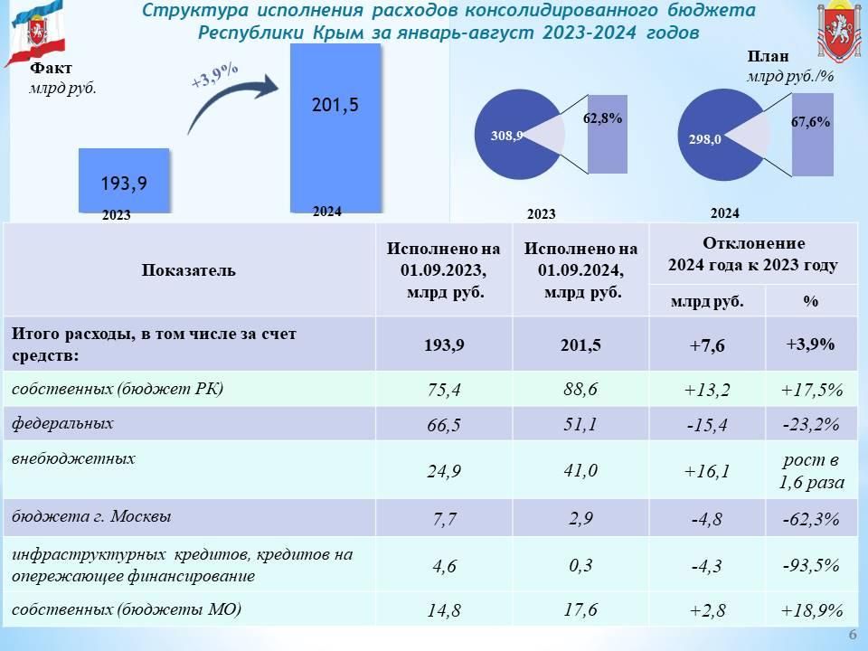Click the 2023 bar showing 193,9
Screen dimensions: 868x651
click(124, 181)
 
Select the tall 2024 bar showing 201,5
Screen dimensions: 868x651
click(336, 127)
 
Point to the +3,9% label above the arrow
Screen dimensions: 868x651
click(215, 75)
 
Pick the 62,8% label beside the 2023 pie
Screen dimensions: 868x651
click(602, 118)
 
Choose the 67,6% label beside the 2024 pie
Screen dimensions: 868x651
click(810, 122)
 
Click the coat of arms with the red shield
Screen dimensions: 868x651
click(839, 31)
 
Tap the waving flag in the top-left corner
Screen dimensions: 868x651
click(36, 33)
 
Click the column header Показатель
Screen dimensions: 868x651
click(189, 270)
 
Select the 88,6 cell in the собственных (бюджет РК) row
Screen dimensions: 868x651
click(580, 389)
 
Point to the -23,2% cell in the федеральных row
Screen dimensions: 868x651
click(811, 425)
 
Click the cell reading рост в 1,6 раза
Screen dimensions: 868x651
click(812, 471)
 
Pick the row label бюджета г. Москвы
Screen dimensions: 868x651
click(91, 516)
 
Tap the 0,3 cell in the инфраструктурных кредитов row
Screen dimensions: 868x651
click(580, 565)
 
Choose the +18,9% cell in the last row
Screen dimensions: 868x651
click(812, 610)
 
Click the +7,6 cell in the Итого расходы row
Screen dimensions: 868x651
click(707, 345)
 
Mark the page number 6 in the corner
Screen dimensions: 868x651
click(853, 635)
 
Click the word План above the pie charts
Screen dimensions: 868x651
click(768, 56)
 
